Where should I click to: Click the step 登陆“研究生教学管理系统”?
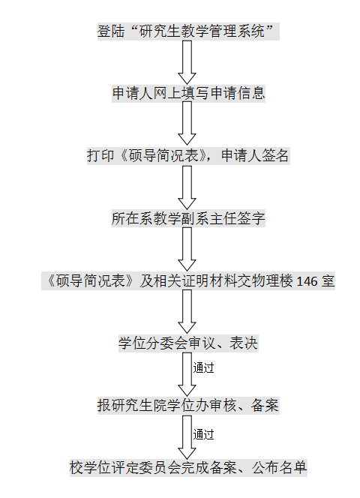tap(188, 31)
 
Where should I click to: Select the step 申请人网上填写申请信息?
tap(188, 93)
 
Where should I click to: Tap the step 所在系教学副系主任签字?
tap(188, 218)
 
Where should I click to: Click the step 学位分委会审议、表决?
tap(188, 343)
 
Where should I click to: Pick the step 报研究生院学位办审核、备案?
tap(188, 405)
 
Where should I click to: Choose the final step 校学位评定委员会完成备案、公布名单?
tap(188, 467)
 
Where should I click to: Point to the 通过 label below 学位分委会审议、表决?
tap(203, 367)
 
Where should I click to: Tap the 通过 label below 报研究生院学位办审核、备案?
tap(203, 434)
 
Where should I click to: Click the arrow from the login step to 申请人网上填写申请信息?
tap(187, 62)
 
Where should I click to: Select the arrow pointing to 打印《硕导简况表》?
tap(187, 124)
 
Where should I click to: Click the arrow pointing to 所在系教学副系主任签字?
tap(187, 187)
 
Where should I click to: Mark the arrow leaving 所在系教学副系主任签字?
tap(187, 249)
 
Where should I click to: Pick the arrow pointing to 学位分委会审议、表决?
tap(187, 311)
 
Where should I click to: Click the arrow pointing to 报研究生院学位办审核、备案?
tap(187, 374)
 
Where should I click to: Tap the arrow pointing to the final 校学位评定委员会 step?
tap(187, 437)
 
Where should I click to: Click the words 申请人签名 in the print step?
tap(255, 156)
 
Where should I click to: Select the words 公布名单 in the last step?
tap(279, 467)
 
